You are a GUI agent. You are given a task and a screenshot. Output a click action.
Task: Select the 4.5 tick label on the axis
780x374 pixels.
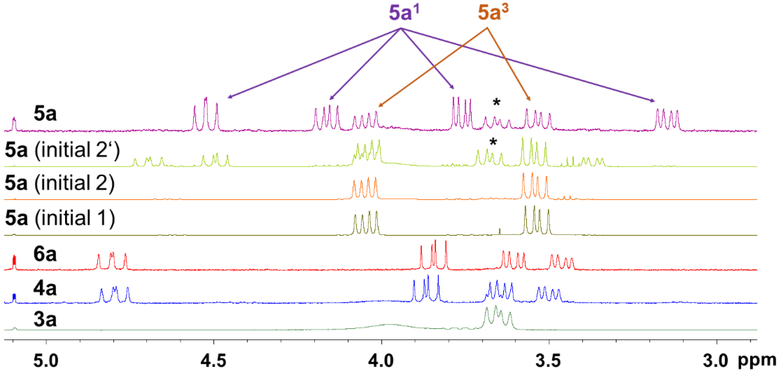pos(214,361)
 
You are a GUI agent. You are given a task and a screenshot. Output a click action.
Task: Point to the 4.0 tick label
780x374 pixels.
pos(381,361)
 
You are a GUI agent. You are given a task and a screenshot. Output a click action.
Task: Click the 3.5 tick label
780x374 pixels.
pos(549,361)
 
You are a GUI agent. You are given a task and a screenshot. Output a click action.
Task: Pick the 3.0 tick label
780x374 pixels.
pos(715,361)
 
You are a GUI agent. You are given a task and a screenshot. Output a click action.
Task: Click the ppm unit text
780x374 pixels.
pos(757,361)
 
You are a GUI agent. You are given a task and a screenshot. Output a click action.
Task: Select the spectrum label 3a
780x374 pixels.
pos(45,319)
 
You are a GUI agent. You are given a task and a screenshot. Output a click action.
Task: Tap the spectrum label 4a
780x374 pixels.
pos(45,288)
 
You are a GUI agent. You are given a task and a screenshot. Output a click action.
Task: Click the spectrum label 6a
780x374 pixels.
pos(45,254)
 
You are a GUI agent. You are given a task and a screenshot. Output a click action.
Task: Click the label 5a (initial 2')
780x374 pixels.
pos(62,150)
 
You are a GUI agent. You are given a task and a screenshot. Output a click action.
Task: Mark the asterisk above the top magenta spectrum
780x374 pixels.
pos(496,102)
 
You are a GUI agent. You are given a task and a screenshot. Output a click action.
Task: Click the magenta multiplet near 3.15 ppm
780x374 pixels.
pos(667,120)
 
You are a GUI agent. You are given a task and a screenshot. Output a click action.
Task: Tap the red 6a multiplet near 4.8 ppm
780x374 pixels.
pos(112,261)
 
